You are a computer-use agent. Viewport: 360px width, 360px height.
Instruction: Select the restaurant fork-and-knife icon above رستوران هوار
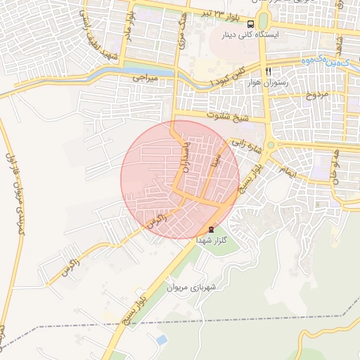tap(268, 72)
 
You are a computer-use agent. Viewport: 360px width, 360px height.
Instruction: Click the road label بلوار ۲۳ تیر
tap(223, 13)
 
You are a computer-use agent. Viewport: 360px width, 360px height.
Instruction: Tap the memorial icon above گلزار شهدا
tap(210, 230)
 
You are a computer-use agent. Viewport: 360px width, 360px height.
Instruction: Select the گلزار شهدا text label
tap(210, 240)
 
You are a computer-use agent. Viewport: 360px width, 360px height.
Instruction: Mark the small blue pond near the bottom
tap(162, 340)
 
